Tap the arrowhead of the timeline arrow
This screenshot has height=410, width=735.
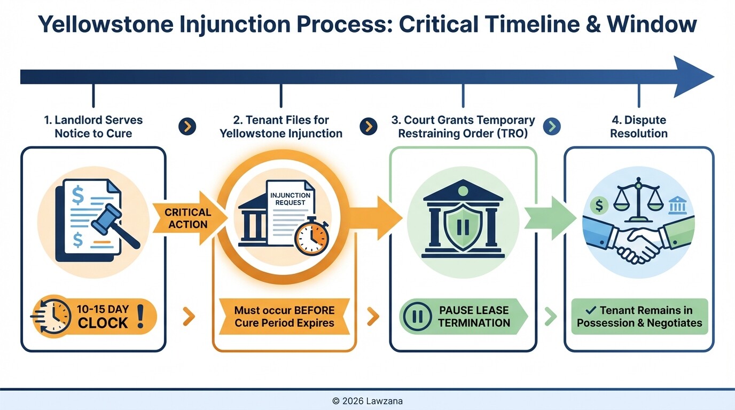[692, 77]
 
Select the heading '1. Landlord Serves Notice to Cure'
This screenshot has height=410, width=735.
[93, 127]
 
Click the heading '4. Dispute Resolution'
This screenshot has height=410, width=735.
[639, 127]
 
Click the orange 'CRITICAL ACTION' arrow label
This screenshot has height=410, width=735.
[187, 218]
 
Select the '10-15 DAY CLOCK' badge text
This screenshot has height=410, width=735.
[103, 317]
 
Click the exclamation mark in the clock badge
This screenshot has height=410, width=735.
[141, 316]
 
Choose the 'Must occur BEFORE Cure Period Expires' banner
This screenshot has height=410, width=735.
[284, 317]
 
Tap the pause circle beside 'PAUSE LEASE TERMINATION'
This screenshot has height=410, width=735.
[417, 317]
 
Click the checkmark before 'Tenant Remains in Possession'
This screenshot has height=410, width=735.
[590, 310]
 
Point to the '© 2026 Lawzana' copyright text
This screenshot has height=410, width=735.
[367, 400]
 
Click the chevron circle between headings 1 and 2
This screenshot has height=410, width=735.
[187, 127]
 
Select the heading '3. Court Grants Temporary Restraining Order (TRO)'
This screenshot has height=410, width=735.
[463, 127]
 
